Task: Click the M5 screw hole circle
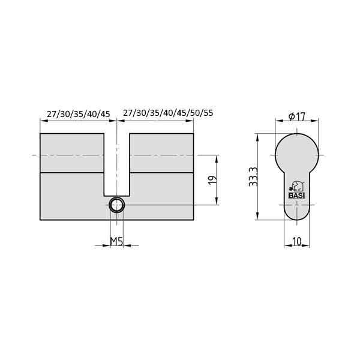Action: pos(116,205)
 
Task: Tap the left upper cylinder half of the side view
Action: pos(71,153)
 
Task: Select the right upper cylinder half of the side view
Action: pos(162,153)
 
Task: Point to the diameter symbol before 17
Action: pos(291,116)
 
